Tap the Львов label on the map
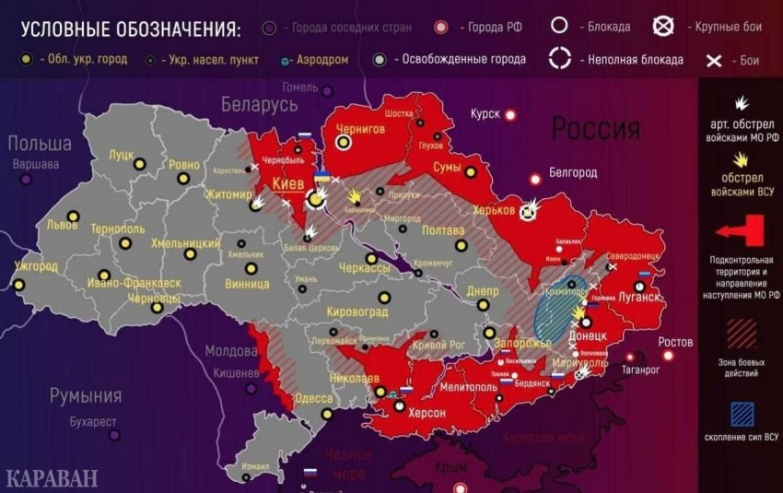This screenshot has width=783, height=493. coord(63,224)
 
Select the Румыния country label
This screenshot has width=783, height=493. coord(87,396)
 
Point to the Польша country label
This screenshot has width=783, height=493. coord(40,144)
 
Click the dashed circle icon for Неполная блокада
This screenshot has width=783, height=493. coord(560,60)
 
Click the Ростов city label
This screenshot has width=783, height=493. coord(675,343)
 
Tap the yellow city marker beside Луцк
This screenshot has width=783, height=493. coord(140,165)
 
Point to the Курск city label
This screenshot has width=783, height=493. coord(485,113)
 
